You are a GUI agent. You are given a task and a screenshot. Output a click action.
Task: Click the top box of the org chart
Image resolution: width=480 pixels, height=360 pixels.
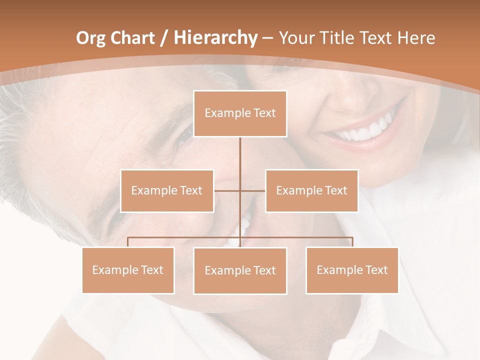(x=240, y=113)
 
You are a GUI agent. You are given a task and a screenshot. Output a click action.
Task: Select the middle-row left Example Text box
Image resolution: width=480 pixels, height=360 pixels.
(x=167, y=190)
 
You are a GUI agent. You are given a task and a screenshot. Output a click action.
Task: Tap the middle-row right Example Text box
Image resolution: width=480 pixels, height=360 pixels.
(x=311, y=190)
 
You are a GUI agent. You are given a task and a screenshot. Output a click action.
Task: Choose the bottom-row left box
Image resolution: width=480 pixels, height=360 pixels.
(x=128, y=270)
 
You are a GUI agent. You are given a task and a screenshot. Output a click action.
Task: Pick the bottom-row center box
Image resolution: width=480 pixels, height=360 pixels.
(x=240, y=270)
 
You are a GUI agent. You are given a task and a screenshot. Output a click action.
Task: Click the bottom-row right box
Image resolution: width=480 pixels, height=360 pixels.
(x=352, y=270)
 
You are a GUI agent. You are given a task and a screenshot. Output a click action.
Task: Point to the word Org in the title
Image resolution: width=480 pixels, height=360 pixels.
(x=90, y=38)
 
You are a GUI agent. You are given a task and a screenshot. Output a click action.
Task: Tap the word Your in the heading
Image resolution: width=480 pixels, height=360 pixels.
(x=295, y=38)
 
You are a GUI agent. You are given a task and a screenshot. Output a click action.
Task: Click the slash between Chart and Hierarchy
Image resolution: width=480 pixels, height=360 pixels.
(x=163, y=38)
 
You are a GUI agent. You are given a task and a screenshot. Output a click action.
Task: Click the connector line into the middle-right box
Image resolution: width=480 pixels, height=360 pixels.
(x=253, y=190)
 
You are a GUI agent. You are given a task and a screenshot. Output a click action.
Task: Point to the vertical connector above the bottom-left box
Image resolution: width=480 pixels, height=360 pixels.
(x=128, y=242)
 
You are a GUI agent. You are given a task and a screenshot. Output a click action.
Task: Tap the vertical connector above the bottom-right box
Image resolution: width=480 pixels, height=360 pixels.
(x=352, y=242)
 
